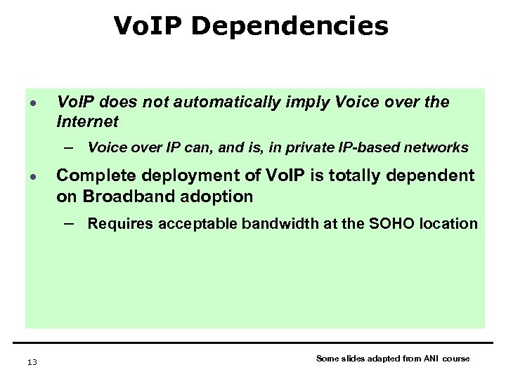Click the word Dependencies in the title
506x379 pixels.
[290, 27]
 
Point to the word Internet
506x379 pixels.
[87, 122]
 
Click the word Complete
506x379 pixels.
[91, 175]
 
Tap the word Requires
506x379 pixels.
[117, 224]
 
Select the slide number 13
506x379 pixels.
[32, 362]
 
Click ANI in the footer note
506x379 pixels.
[432, 359]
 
